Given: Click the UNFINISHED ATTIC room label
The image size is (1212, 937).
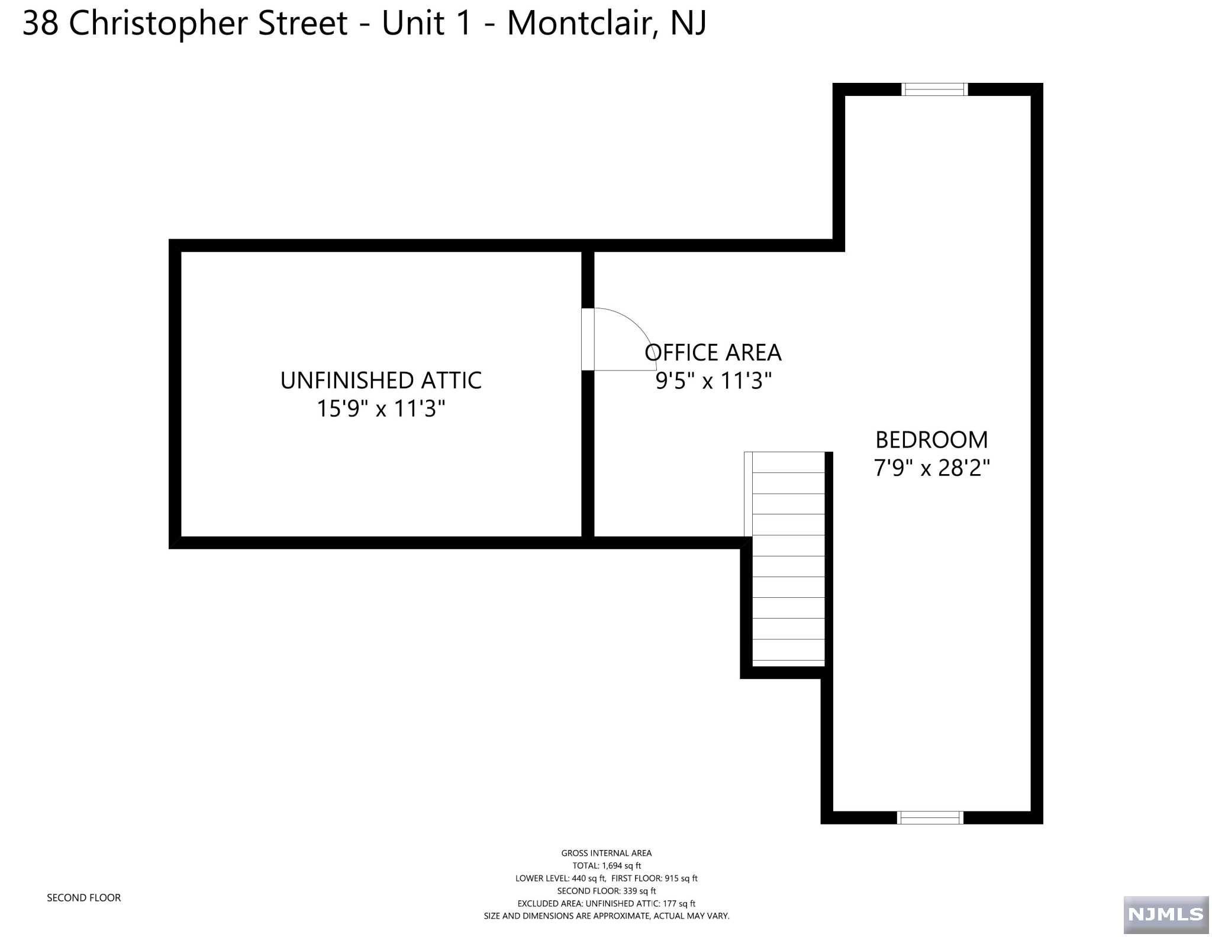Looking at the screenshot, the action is click(x=381, y=381).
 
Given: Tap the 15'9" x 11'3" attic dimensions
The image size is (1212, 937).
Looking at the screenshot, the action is click(x=381, y=408).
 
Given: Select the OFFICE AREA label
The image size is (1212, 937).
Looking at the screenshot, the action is click(x=713, y=353).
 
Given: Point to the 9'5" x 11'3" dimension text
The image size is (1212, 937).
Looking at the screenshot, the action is click(x=714, y=381).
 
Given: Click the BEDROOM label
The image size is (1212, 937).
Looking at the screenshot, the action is click(x=931, y=440).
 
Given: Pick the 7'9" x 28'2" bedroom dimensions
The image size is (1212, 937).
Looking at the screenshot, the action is click(x=932, y=468).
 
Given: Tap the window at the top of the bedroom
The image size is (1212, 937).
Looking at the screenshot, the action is click(x=934, y=89).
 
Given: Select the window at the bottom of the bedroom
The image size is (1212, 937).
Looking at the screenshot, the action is click(x=930, y=817).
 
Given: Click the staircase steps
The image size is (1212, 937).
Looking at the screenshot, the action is click(x=788, y=556).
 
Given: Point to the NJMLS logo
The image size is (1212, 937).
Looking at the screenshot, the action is click(x=1166, y=915).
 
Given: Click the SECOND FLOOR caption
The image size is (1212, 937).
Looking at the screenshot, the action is click(x=84, y=898).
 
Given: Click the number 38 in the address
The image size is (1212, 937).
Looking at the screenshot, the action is click(x=41, y=24).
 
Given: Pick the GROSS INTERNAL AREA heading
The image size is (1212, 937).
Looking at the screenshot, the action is click(x=607, y=853).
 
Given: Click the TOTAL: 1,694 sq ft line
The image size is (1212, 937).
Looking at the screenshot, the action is click(x=607, y=865).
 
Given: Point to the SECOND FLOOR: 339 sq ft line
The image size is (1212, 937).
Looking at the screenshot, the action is click(x=607, y=891).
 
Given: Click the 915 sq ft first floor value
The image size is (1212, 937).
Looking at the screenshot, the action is click(x=681, y=878).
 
